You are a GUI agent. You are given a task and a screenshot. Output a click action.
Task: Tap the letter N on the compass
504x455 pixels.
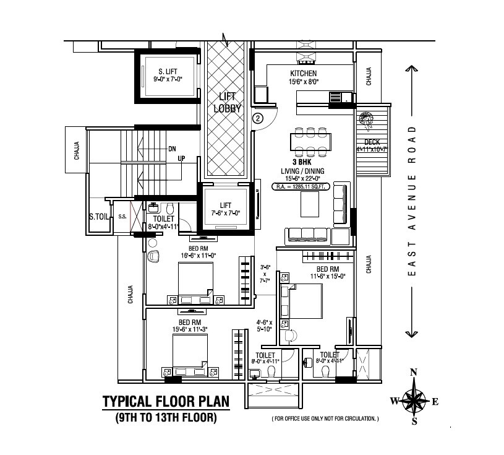point(414,372)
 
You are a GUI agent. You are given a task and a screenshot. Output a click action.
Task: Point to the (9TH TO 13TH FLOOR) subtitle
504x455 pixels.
point(165,419)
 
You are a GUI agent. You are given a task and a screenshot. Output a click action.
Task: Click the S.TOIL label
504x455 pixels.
point(99,217)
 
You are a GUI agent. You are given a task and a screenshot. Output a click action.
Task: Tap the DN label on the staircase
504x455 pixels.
point(173,149)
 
